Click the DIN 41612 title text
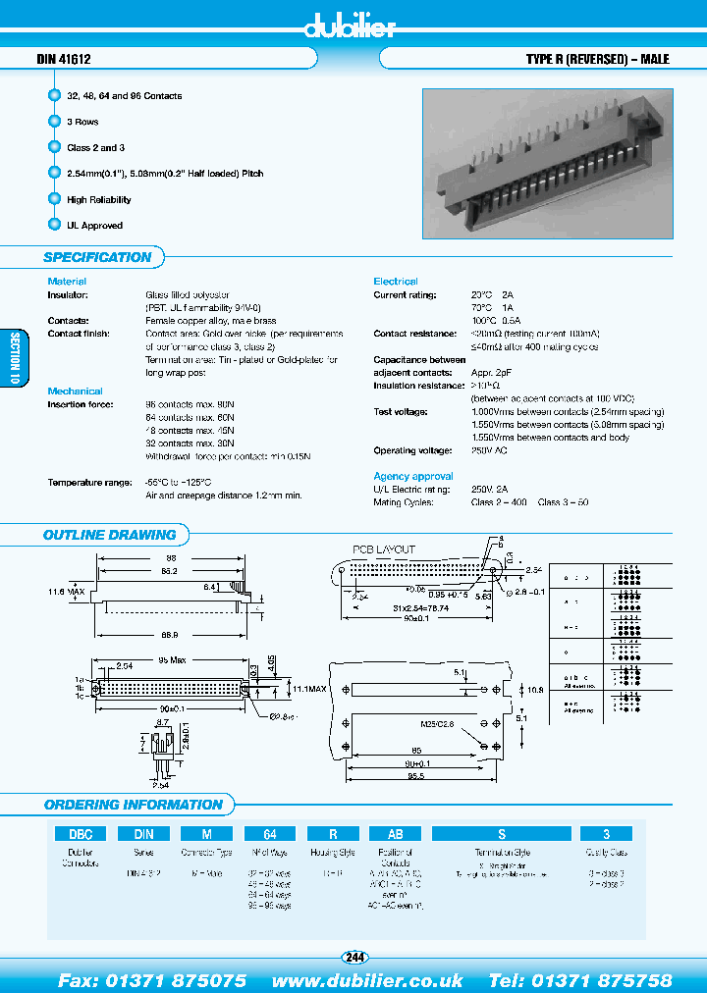(x=64, y=60)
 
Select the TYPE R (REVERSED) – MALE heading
(x=597, y=60)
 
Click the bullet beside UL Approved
(x=54, y=225)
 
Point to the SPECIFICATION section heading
(x=97, y=257)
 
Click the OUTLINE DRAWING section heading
(x=109, y=535)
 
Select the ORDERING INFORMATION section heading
(x=133, y=805)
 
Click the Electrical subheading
(x=395, y=282)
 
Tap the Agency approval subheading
(x=412, y=476)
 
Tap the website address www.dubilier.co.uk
(x=367, y=979)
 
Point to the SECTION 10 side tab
(x=14, y=359)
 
